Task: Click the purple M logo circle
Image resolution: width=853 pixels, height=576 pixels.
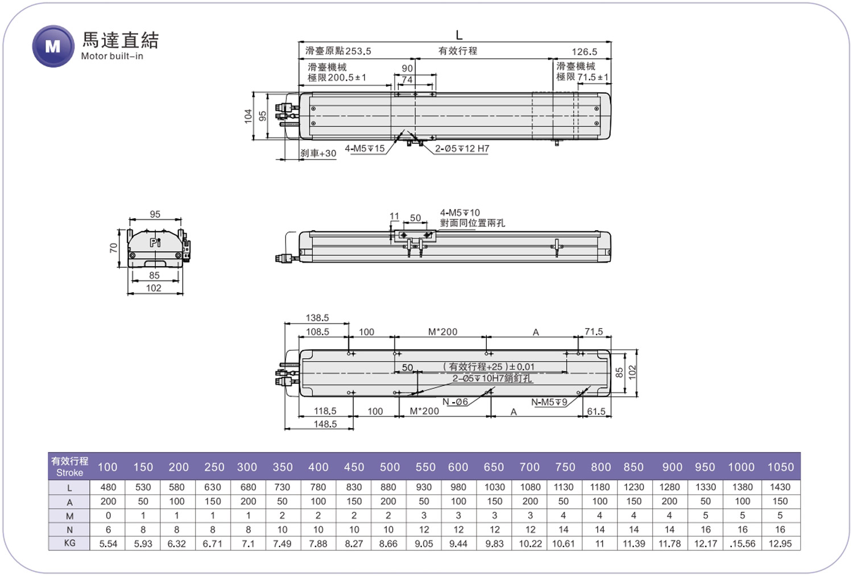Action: click(x=53, y=46)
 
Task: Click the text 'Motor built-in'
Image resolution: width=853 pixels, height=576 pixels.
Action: click(x=112, y=56)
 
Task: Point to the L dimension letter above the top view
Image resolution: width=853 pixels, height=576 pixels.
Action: click(x=459, y=35)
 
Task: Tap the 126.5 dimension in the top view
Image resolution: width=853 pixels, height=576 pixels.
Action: click(x=584, y=52)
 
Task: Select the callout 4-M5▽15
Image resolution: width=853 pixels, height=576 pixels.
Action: click(x=365, y=148)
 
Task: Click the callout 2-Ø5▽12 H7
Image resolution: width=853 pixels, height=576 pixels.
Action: click(x=462, y=148)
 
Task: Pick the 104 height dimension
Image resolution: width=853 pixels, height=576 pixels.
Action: click(x=249, y=116)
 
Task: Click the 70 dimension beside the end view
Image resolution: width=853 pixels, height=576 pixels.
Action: click(x=114, y=248)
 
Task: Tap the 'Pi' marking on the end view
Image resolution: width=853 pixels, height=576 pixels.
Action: click(x=155, y=242)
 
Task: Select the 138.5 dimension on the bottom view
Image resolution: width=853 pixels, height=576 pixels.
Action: click(x=317, y=318)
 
